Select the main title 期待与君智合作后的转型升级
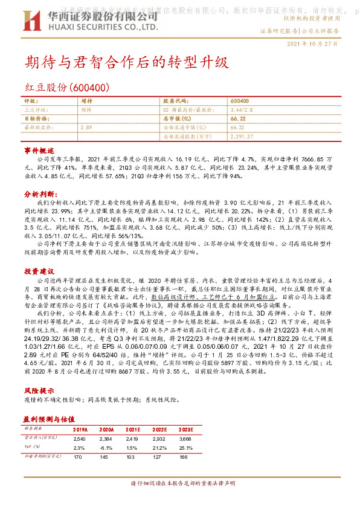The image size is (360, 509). pyautogui.click(x=126, y=62)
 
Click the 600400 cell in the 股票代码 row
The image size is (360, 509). pyautogui.click(x=240, y=101)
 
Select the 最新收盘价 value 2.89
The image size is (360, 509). pyautogui.click(x=86, y=128)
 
